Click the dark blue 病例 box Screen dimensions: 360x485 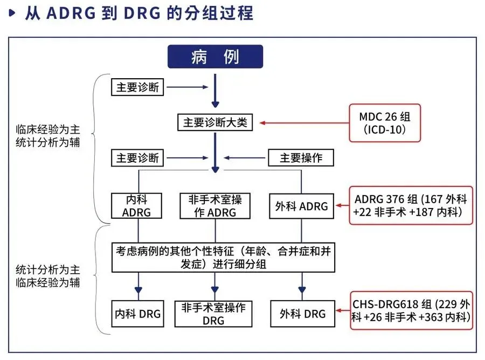pyautogui.click(x=215, y=57)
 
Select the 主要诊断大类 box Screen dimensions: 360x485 pyautogui.click(x=215, y=122)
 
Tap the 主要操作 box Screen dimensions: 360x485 pyautogui.click(x=301, y=158)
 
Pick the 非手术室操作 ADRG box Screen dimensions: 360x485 pyautogui.click(x=215, y=205)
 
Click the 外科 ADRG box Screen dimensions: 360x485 pyautogui.click(x=301, y=206)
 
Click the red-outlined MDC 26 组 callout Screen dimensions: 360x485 pyautogui.click(x=384, y=123)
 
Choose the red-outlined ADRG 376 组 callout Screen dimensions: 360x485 pyautogui.click(x=411, y=205)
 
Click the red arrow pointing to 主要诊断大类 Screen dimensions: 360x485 pyautogui.click(x=304, y=123)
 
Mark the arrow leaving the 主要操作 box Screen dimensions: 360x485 pyautogui.click(x=246, y=158)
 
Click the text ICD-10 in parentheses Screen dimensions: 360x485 pyautogui.click(x=384, y=130)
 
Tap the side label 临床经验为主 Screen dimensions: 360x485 pyautogui.click(x=48, y=129)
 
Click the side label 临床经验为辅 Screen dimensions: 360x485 pyautogui.click(x=48, y=282)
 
